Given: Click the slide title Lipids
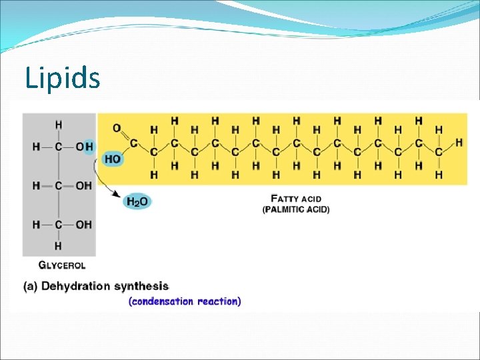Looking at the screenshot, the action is (63, 78).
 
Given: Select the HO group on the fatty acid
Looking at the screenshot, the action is (113, 159).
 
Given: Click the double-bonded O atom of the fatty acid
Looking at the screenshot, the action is (117, 127).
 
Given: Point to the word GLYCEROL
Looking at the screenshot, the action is (62, 265).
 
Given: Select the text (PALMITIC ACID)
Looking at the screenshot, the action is (296, 209).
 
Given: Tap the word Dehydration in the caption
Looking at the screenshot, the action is (75, 286).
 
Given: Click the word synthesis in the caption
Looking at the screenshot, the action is (141, 286).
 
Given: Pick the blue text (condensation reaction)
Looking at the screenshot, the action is (185, 301).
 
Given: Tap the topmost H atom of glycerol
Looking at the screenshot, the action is (59, 124).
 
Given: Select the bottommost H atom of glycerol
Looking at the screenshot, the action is (59, 246).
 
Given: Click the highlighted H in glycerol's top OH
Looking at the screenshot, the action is (89, 147).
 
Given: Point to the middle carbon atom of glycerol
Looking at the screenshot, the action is (59, 185).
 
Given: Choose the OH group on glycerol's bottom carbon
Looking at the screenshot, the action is (83, 225).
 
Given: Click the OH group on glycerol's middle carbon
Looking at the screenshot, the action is (83, 185).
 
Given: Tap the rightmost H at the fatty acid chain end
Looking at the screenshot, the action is (459, 143).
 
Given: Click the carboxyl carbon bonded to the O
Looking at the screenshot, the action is (133, 142).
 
